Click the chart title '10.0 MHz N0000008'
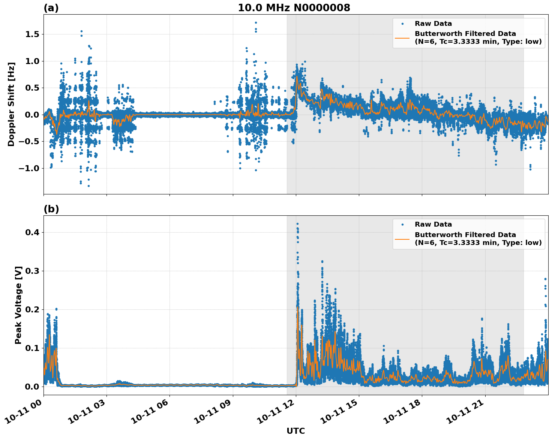pos(294,8)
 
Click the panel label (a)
pos(51,8)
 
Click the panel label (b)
pos(51,209)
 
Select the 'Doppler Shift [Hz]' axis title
pos(11,104)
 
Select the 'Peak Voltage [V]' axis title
pos(18,305)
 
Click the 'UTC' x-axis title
pos(295,431)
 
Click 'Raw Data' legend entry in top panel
pos(433,24)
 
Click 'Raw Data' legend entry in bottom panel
pos(433,224)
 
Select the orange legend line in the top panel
pos(402,38)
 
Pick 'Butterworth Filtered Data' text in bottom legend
pos(465,235)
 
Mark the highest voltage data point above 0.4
pos(297,224)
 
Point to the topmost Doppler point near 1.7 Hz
pos(256,22)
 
